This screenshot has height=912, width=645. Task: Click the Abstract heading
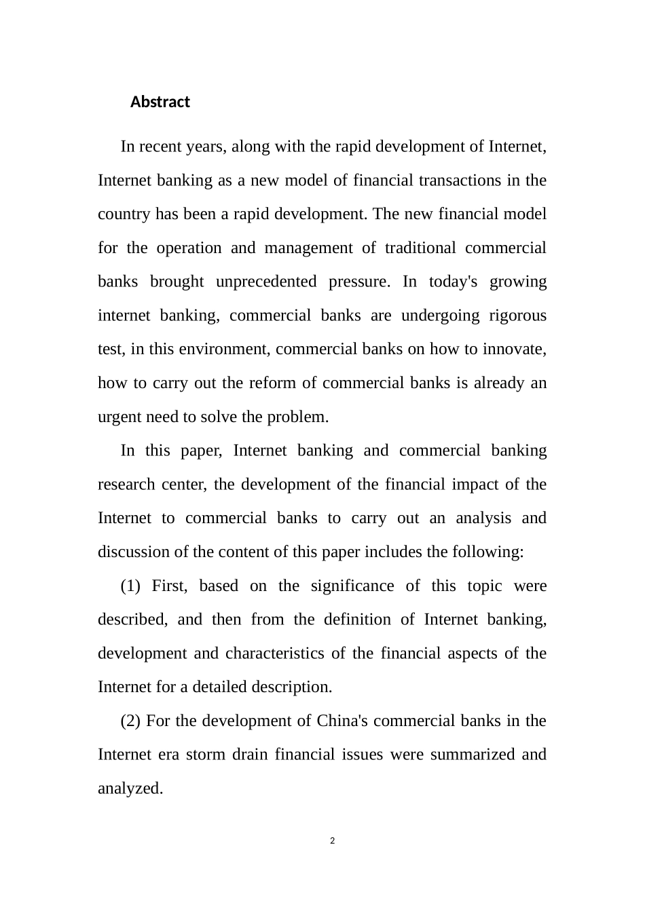pos(160,102)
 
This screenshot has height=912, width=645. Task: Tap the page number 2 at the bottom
pos(332,841)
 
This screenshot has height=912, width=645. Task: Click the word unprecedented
pos(266,282)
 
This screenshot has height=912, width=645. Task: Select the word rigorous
pos(519,316)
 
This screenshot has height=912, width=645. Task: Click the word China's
pos(342,721)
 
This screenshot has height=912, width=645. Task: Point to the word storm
pos(205,755)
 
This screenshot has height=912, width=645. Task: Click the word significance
pos(352,586)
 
